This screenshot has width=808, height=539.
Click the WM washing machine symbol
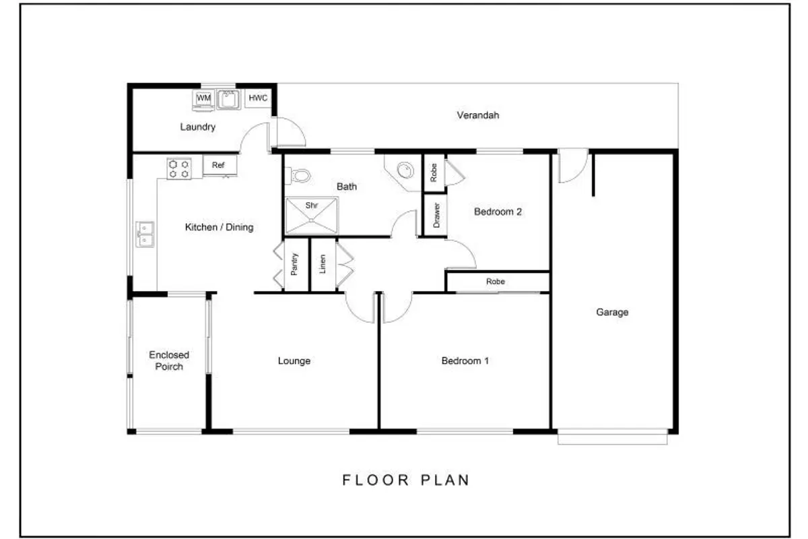click(204, 100)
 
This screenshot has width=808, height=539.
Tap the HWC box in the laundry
click(258, 98)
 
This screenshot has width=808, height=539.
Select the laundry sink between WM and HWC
click(229, 99)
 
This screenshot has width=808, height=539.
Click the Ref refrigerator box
click(220, 165)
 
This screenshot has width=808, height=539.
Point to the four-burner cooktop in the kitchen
click(179, 169)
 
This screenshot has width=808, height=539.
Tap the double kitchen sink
click(145, 234)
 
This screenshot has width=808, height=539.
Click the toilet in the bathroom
click(298, 176)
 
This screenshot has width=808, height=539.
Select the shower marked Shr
click(312, 216)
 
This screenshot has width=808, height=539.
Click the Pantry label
click(294, 264)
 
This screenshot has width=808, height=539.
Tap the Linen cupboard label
click(323, 264)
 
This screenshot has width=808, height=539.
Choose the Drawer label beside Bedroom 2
click(436, 215)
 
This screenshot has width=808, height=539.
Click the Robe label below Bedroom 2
click(496, 281)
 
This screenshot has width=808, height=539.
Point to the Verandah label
click(478, 115)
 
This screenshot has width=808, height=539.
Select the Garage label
click(612, 312)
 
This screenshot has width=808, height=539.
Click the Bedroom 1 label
click(465, 360)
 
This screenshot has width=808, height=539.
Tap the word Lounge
click(294, 361)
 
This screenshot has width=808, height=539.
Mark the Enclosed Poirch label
click(169, 360)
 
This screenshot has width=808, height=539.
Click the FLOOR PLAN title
click(406, 480)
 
